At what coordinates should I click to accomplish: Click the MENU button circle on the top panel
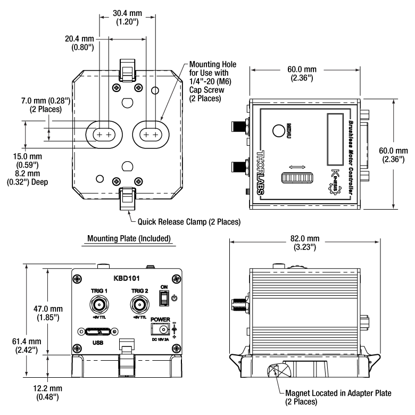(x=278, y=130)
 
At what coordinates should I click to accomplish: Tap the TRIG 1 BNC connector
(x=99, y=305)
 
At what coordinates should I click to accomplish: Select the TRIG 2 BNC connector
(x=139, y=305)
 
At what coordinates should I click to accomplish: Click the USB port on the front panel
(x=98, y=331)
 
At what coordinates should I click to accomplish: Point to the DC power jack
(x=160, y=329)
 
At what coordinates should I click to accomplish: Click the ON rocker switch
(x=164, y=298)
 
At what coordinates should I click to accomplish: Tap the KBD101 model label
(x=127, y=278)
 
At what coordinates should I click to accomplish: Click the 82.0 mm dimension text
(x=305, y=243)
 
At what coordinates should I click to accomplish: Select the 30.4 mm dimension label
(x=127, y=18)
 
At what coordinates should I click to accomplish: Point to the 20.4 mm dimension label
(x=79, y=43)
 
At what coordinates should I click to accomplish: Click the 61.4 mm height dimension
(x=27, y=346)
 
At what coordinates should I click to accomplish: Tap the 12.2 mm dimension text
(x=48, y=393)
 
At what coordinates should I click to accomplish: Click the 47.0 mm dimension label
(x=48, y=313)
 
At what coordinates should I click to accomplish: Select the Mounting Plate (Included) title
(x=129, y=238)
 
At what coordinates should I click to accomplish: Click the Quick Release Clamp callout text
(x=189, y=222)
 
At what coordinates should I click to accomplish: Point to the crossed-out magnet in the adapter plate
(x=279, y=370)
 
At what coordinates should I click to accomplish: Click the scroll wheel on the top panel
(x=297, y=178)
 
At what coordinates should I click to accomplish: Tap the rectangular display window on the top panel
(x=335, y=140)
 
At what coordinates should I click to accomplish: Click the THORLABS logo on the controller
(x=261, y=172)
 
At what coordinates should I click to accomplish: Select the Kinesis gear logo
(x=335, y=182)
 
